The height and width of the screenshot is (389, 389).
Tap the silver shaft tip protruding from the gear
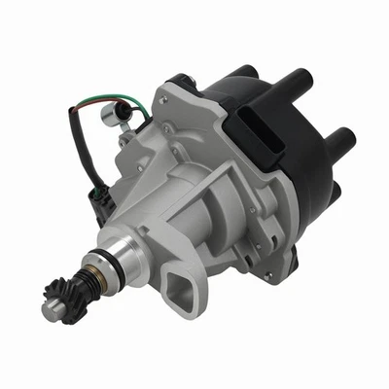click(50, 310)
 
